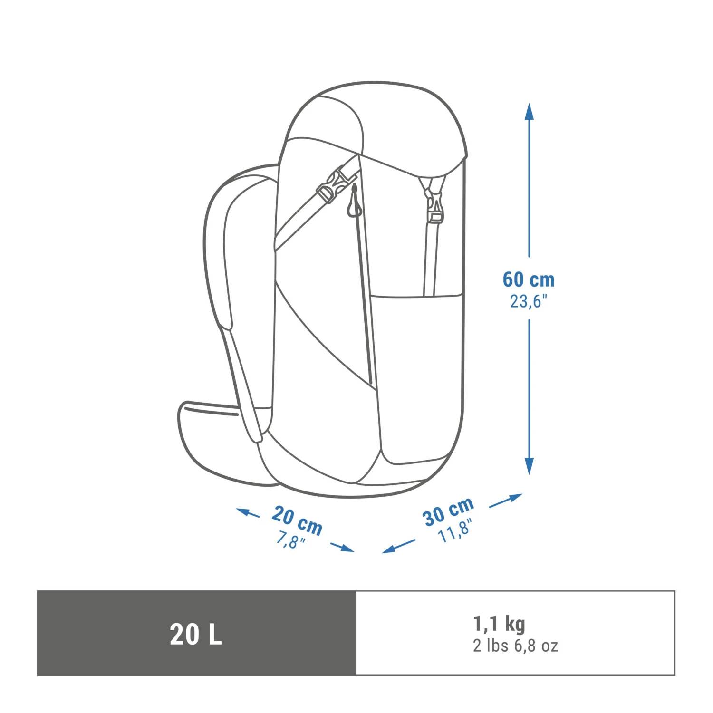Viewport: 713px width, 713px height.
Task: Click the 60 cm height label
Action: point(529,279)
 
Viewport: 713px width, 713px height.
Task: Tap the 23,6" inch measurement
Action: point(529,301)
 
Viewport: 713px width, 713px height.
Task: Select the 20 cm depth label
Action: point(298,520)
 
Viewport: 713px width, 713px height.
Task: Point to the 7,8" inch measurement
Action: point(290,540)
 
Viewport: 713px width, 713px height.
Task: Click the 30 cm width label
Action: point(448,511)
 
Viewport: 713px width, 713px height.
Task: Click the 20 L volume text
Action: point(196,634)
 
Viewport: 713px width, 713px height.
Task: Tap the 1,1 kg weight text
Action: point(499,624)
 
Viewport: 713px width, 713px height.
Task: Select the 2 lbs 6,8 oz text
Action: point(515,646)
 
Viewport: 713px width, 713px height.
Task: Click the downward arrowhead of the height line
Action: point(529,466)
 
